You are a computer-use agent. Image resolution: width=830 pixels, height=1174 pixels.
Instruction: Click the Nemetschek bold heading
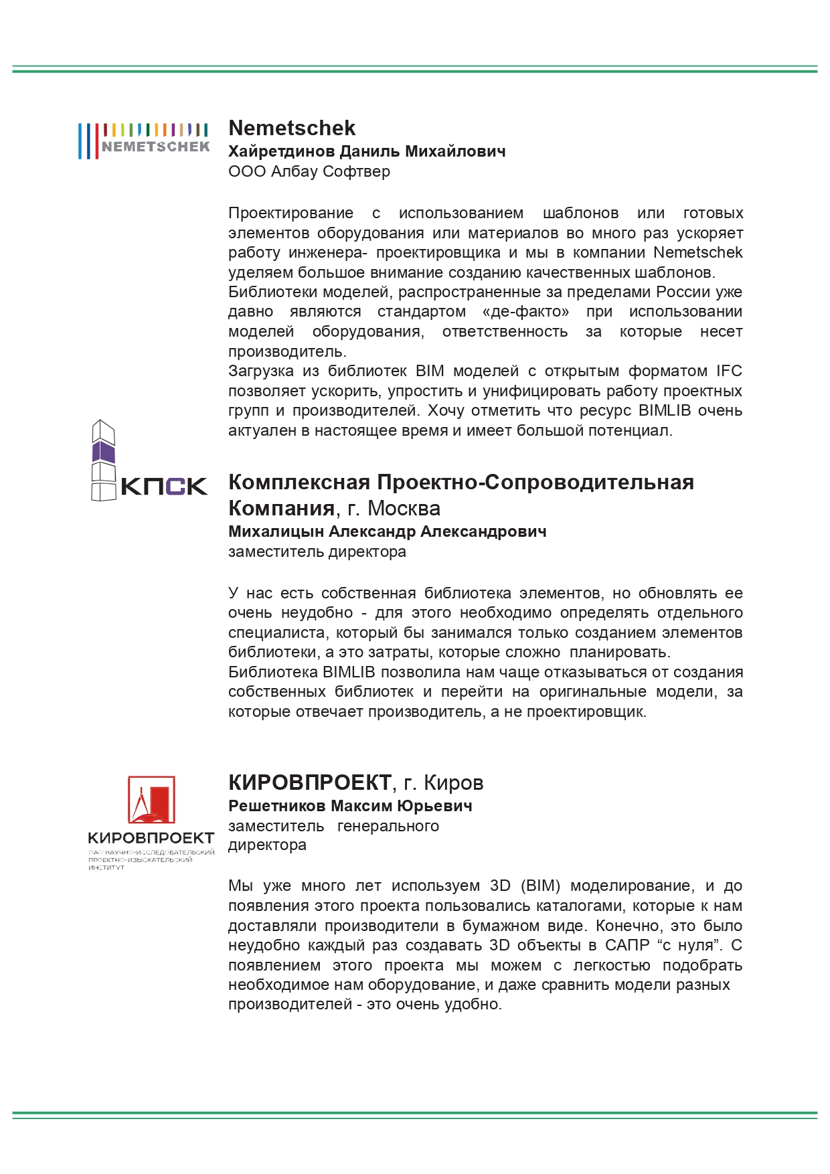[292, 128]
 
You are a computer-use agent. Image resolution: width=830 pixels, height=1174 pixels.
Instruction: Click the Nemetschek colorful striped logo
[143, 140]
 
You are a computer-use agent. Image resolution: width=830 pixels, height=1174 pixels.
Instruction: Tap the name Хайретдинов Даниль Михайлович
[367, 151]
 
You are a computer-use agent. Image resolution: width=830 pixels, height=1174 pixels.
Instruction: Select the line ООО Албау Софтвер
[309, 171]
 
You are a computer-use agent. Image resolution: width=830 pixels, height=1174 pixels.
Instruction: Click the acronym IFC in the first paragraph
[729, 371]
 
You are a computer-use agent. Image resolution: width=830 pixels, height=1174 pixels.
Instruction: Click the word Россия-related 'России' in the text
[681, 292]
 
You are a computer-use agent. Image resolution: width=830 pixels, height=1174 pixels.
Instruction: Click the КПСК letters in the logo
[164, 487]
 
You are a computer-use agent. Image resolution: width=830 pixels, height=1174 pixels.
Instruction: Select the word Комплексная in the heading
[299, 482]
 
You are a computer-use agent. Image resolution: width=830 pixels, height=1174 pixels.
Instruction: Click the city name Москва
[404, 509]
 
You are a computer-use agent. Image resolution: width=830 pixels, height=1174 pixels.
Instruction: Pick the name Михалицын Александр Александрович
[387, 531]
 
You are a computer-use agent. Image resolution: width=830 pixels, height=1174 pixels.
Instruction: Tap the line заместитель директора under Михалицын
[317, 552]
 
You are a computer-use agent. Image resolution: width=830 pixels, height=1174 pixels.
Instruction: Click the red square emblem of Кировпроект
[151, 800]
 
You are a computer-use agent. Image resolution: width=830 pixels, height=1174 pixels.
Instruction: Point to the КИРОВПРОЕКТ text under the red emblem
[151, 838]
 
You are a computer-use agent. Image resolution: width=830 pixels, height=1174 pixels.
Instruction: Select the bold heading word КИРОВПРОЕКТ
[309, 782]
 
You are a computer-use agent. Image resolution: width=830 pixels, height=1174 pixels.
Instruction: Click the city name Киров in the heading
[453, 783]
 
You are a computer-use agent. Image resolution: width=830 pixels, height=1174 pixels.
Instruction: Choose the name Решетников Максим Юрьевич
[350, 806]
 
